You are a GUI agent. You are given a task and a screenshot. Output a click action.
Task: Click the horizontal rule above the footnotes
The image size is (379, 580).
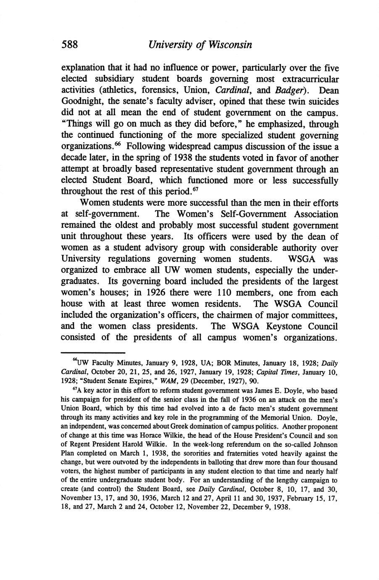(x=93, y=352)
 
